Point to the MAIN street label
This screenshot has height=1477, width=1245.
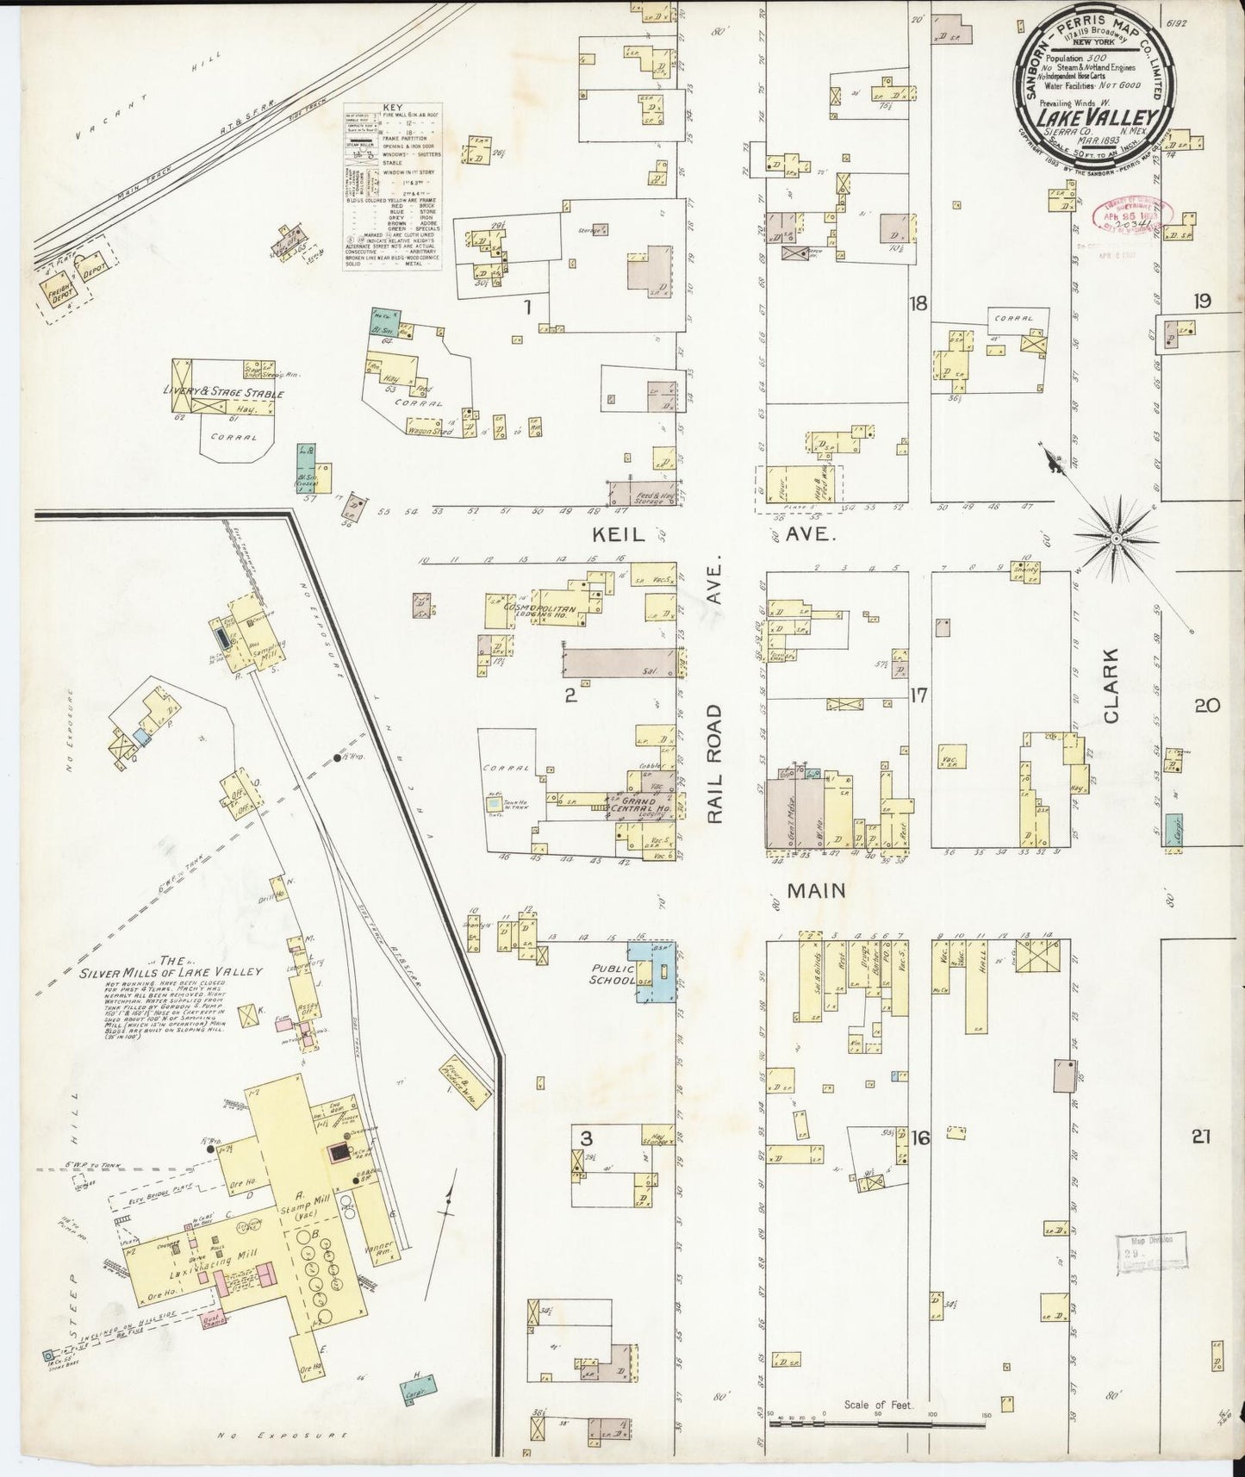coord(814,889)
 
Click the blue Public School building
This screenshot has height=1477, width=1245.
coord(655,972)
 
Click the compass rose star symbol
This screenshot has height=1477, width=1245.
coord(1116,539)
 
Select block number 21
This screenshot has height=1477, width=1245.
coord(1201,1137)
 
